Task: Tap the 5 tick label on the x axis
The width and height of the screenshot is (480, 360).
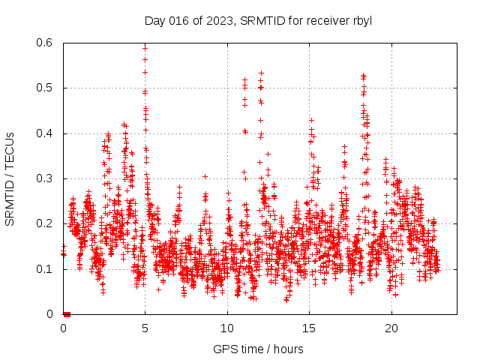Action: (145, 328)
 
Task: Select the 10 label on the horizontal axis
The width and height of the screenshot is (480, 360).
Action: (227, 328)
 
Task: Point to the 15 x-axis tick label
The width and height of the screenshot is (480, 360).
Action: (310, 328)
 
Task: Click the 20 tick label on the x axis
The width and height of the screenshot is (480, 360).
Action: (391, 328)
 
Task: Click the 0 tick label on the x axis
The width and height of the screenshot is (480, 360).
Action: (63, 328)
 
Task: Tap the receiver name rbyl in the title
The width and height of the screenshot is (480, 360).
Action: (361, 19)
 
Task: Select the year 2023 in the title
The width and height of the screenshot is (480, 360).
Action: (214, 19)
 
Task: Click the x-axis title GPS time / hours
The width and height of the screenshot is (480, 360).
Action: (258, 349)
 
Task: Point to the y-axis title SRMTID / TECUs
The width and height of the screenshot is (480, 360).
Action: (10, 178)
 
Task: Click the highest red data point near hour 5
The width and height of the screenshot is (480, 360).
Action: (145, 48)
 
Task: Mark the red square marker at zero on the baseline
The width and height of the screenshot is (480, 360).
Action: (67, 314)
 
